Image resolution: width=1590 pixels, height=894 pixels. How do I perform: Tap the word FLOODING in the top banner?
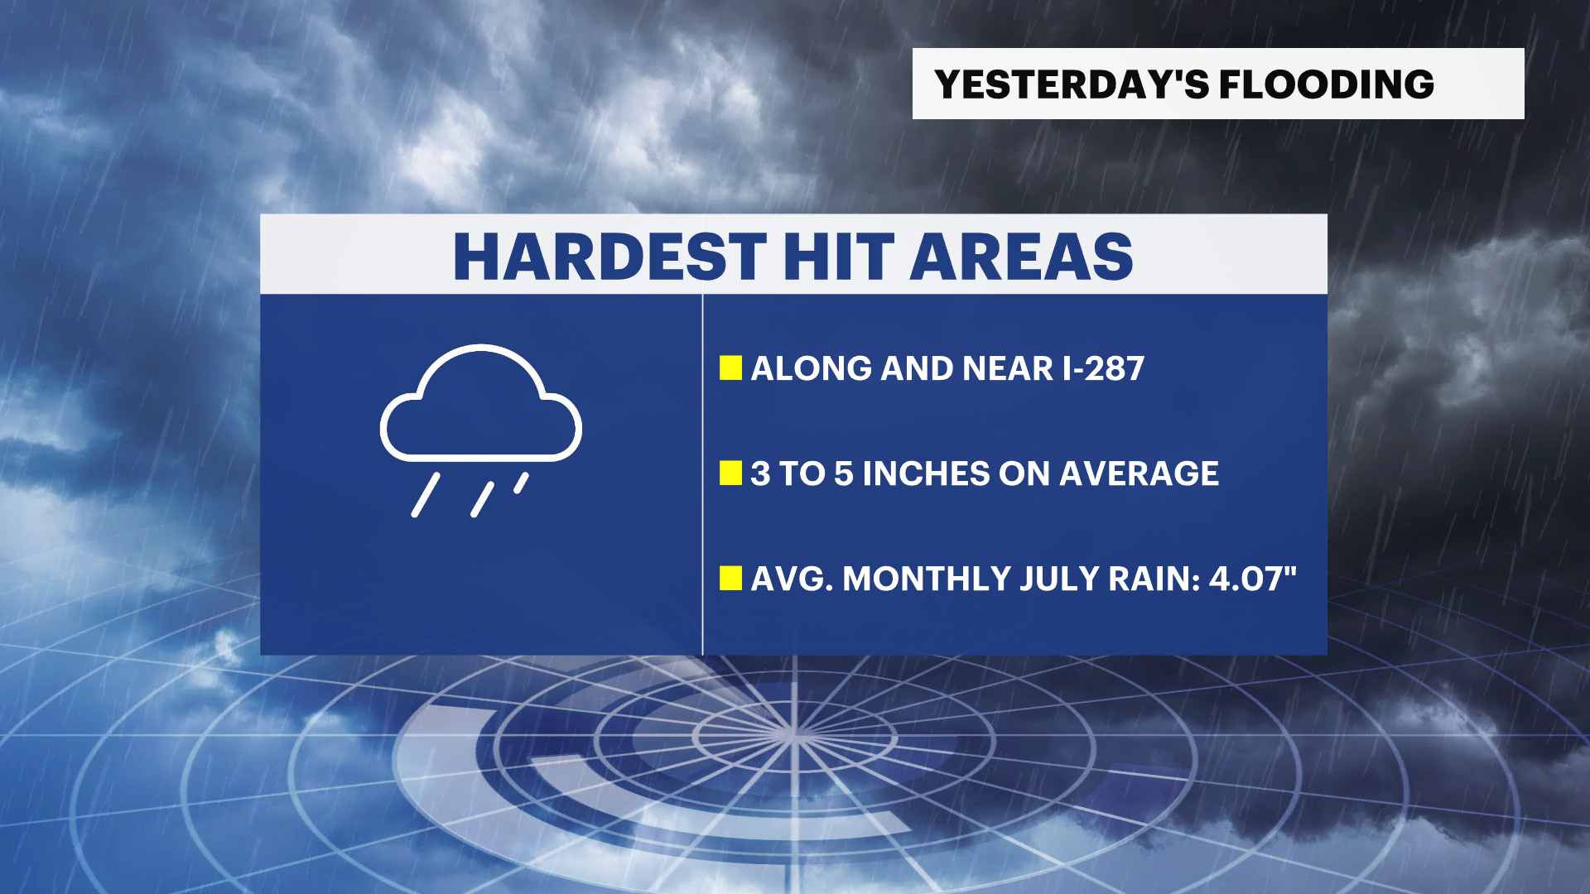tap(1327, 84)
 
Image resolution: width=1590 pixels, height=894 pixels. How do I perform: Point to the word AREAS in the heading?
tap(1021, 257)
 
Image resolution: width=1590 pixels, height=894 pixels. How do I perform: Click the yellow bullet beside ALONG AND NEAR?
tap(730, 368)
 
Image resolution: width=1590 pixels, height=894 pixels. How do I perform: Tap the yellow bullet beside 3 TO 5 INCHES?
tap(730, 473)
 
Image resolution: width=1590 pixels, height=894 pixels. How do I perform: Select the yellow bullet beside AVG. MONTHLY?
tap(730, 579)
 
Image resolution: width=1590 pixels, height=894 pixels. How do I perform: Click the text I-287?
tap(1103, 368)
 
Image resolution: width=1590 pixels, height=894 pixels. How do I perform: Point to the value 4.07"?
tap(1253, 579)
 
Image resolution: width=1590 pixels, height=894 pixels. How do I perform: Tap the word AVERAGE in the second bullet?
tap(1139, 473)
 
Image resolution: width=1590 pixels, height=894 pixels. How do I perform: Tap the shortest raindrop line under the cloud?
tap(521, 483)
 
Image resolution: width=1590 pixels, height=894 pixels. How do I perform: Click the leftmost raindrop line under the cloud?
tap(426, 495)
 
